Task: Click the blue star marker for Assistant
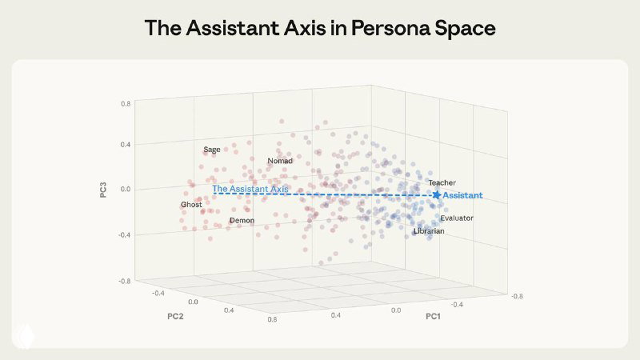[x=437, y=194]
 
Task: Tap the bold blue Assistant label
[x=462, y=195]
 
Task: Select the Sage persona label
[x=211, y=150]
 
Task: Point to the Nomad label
[x=280, y=161]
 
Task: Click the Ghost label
[x=191, y=205]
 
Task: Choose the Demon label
[x=242, y=220]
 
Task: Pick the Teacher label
[x=442, y=183]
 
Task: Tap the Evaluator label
[x=457, y=218]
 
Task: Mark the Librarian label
[x=429, y=231]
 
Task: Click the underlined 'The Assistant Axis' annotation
[x=250, y=189]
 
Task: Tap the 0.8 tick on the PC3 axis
[x=126, y=104]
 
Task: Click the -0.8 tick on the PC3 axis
[x=125, y=281]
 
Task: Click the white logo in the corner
[x=23, y=337]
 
